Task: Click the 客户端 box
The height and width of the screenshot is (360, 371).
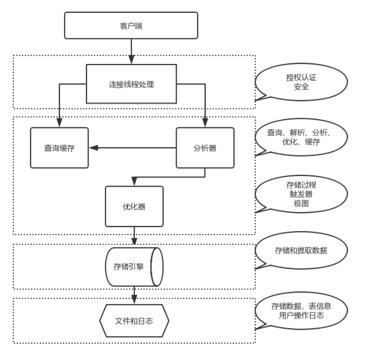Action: pos(131,26)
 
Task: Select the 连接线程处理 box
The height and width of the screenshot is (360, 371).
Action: pos(132,84)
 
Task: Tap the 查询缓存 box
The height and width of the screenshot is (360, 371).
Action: pos(59,148)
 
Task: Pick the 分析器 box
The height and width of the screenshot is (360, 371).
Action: pos(205,148)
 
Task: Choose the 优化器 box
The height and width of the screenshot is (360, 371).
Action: pos(134,207)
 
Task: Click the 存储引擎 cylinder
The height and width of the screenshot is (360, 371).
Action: pos(134,267)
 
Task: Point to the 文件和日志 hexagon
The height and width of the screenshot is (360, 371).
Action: pos(134,321)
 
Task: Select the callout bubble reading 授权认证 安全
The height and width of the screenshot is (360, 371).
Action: pos(301,82)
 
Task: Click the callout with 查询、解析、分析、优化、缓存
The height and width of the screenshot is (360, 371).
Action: pos(301,137)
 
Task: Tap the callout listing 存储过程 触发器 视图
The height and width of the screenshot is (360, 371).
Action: pos(301,194)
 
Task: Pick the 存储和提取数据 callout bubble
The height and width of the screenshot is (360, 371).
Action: pos(301,251)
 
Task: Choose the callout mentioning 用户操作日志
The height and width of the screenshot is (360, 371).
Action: pos(301,310)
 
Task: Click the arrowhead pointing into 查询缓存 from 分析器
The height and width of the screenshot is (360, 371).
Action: pos(94,148)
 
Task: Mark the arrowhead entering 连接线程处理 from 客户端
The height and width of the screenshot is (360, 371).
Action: pos(132,59)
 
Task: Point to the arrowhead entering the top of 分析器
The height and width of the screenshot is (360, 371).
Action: pos(205,123)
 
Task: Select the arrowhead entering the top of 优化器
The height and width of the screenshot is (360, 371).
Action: pos(134,182)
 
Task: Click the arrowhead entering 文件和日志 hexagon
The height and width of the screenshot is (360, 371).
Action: pos(134,300)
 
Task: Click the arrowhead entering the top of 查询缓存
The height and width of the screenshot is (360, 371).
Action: pos(59,123)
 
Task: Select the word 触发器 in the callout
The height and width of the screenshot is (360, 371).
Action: pos(301,194)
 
